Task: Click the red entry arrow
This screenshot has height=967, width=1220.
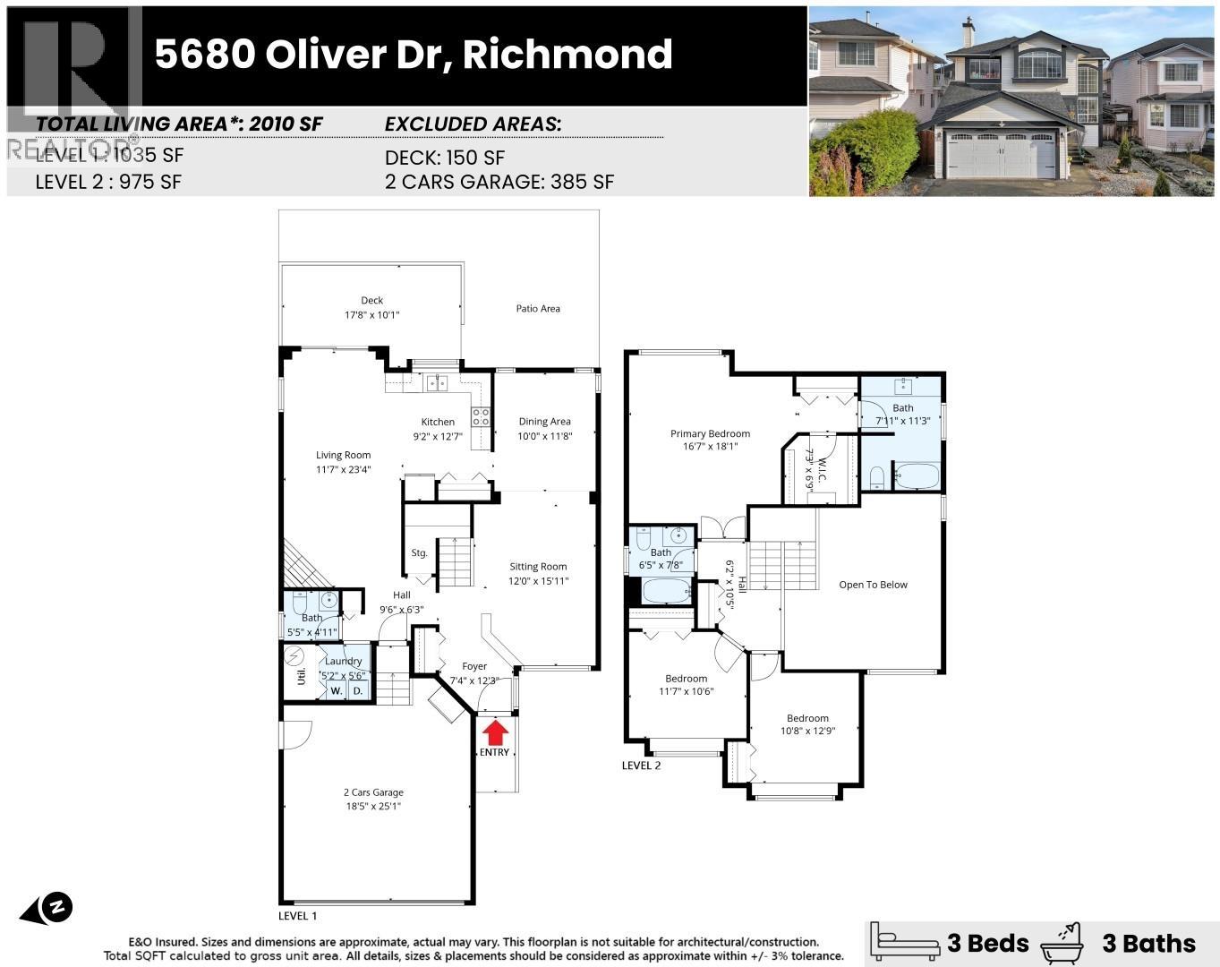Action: coord(494,732)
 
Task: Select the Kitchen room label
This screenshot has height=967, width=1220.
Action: coord(438,422)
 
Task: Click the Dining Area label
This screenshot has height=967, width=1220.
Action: coord(544,422)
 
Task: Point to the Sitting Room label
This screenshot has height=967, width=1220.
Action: coord(538,567)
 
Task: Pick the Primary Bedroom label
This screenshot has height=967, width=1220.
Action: coord(710,434)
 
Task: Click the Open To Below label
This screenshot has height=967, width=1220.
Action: coord(873,585)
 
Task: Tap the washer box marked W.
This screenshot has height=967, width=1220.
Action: coord(337,691)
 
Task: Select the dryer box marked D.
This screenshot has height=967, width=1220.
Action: coord(358,691)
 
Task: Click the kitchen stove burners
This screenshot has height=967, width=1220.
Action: coord(481,416)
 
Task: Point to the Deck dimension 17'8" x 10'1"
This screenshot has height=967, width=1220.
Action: coord(371,315)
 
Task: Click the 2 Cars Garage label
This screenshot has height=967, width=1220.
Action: coord(373,792)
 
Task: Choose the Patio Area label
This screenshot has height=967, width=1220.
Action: coord(538,309)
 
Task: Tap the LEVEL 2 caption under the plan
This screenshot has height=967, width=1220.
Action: coord(641,766)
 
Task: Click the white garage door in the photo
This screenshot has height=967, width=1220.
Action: coord(1002,155)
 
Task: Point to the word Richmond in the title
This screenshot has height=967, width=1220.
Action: coord(567,55)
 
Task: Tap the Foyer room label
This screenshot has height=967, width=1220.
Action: coord(474,666)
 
